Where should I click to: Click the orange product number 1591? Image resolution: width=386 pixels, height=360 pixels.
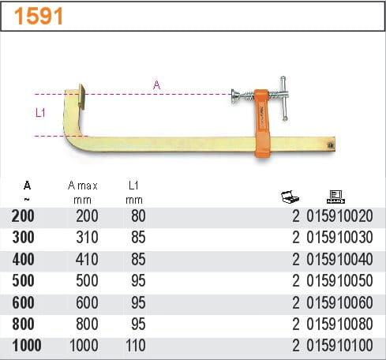coord(39,16)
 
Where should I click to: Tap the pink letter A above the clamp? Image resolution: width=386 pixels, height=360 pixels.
coord(156,85)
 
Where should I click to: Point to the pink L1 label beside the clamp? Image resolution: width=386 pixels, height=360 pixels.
coord(40,113)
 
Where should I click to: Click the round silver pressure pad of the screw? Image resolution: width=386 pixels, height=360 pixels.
coord(235,96)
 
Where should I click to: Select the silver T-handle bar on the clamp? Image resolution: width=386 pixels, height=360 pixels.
coord(284,99)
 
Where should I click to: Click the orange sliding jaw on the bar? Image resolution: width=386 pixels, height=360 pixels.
coord(262,123)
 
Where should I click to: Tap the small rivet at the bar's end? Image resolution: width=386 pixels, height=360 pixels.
coord(330,144)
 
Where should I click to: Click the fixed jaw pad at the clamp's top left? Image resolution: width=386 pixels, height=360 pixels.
coord(81,96)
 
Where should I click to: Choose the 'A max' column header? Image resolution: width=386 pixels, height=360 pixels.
coord(83,186)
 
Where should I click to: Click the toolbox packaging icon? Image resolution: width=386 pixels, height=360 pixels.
coord(290,197)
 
